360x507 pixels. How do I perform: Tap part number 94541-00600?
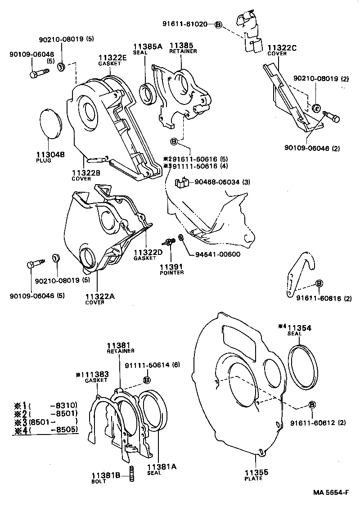[217, 254]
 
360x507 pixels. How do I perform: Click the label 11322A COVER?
[100, 298]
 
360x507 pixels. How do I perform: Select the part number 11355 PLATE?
[256, 475]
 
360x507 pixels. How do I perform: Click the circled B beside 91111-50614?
[146, 380]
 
